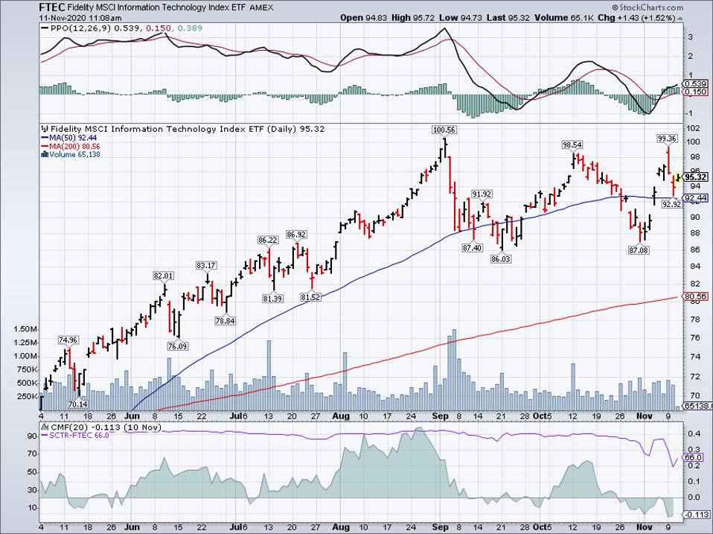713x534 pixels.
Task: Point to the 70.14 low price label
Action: coord(77,404)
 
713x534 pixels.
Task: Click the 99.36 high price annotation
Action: coord(667,138)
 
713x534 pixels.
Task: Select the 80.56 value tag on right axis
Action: coord(694,296)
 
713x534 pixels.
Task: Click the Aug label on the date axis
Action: coord(340,416)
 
